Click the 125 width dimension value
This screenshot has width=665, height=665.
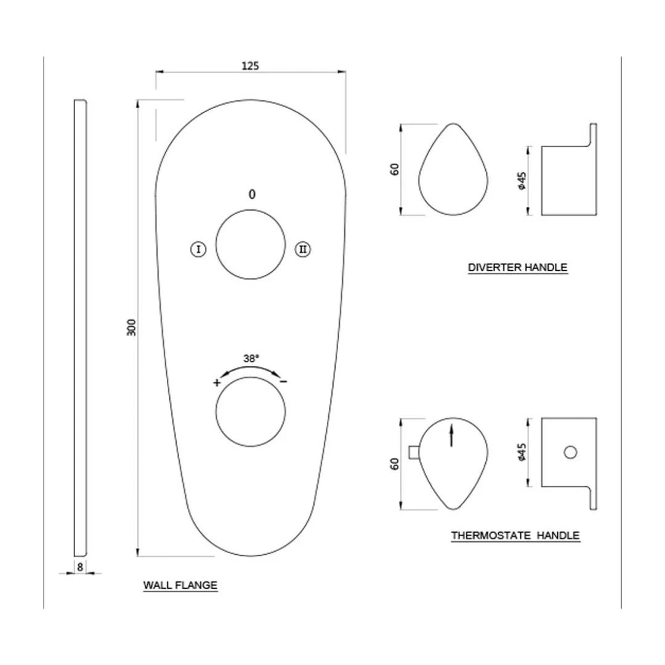(x=249, y=65)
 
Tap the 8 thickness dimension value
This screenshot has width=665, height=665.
(x=80, y=566)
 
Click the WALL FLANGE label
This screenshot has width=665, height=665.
(x=180, y=585)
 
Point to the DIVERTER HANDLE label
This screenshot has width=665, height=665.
(x=517, y=267)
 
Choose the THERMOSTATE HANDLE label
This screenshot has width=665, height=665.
(x=515, y=535)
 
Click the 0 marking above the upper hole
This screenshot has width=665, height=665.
(x=251, y=195)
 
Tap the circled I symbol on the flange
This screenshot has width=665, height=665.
(x=198, y=249)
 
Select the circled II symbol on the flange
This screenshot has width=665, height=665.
(x=303, y=249)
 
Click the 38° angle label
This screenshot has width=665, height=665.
(x=251, y=357)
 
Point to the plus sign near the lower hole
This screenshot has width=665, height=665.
(x=217, y=382)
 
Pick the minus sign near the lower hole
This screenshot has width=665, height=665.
(x=283, y=382)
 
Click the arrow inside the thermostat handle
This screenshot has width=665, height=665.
(x=452, y=435)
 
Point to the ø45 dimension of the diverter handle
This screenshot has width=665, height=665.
(x=522, y=180)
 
